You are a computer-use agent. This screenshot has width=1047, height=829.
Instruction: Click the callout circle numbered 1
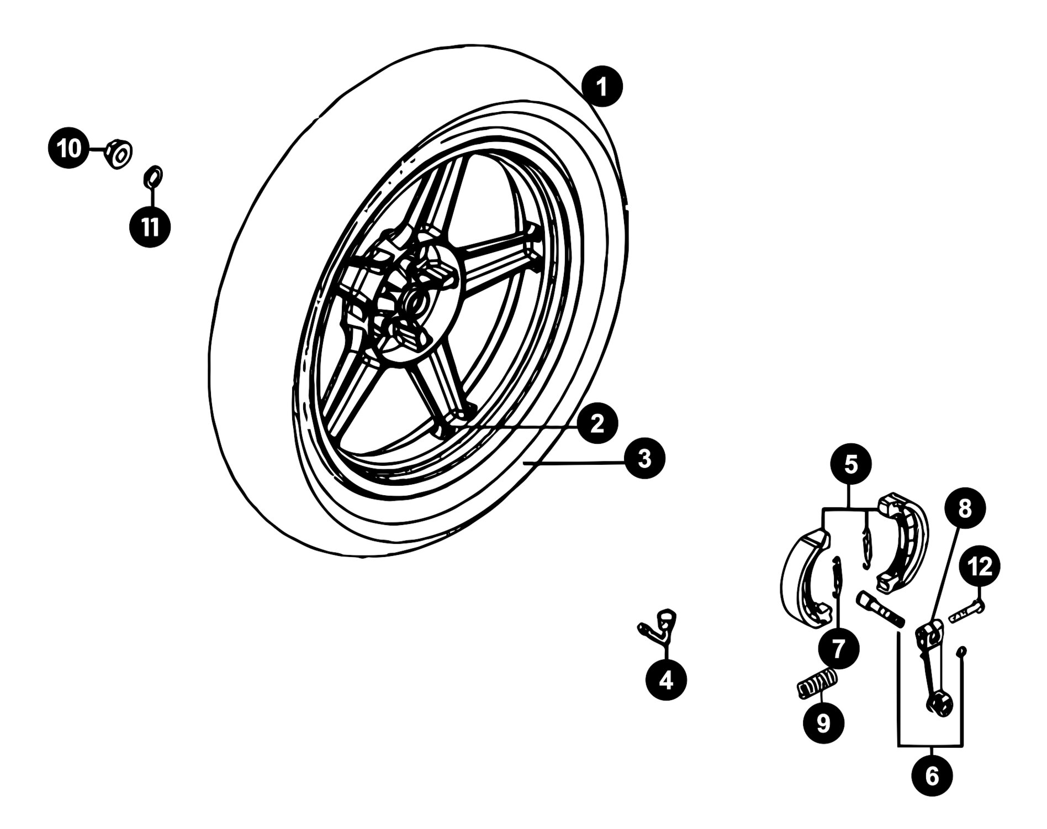coord(601,87)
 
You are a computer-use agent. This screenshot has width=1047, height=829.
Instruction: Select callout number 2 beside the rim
coord(597,424)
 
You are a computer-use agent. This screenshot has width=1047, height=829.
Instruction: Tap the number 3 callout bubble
coord(644,458)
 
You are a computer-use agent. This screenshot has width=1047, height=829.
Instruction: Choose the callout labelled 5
coord(851,465)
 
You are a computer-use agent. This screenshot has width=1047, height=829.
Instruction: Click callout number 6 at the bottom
coord(932,776)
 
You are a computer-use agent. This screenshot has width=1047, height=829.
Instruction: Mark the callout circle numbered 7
coord(838,648)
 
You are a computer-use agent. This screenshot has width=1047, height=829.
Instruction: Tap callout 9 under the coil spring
coord(823,723)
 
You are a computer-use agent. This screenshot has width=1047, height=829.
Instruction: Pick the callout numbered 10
coord(70,149)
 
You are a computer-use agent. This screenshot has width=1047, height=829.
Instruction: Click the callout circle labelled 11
coord(150,226)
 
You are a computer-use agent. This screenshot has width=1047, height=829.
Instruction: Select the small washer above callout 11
coord(152,176)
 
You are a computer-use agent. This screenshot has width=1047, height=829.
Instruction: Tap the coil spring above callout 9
coord(818,683)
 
